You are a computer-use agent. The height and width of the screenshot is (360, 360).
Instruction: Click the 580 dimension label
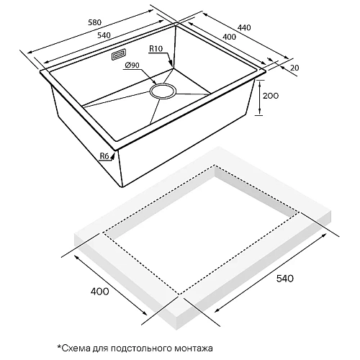point(95,22)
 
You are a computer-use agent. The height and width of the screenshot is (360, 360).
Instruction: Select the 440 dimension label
point(244,27)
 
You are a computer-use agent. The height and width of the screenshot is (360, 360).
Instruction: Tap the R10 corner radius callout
point(156,49)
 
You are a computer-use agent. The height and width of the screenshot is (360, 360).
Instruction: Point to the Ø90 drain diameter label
point(132,65)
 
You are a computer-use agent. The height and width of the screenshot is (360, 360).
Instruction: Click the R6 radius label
point(104,156)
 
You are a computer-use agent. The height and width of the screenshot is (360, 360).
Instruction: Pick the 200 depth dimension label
point(271,96)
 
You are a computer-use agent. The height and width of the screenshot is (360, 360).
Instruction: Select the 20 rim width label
point(294,68)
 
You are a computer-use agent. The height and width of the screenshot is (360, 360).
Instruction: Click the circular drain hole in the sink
point(163,91)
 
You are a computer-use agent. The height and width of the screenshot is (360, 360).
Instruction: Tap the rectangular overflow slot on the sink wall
point(119,55)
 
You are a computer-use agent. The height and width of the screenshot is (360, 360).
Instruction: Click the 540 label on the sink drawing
point(104,35)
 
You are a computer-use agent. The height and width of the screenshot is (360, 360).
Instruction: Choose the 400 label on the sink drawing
point(229,37)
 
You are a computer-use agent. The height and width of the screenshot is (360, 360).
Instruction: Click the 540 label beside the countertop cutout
point(285,279)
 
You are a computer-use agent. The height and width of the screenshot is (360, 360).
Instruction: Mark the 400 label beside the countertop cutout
point(100,292)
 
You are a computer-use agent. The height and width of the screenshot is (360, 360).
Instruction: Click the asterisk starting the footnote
point(59,346)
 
